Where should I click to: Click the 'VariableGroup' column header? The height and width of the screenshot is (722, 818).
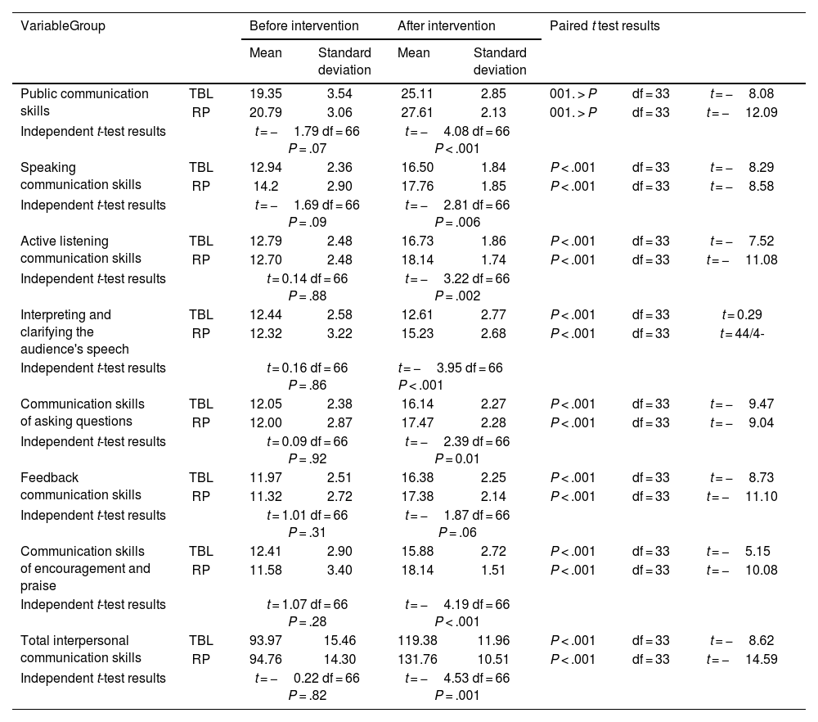63,25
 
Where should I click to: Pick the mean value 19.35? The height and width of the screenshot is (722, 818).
265,94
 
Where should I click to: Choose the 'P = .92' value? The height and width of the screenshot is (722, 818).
307,458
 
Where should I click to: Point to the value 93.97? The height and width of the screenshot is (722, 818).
265,641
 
